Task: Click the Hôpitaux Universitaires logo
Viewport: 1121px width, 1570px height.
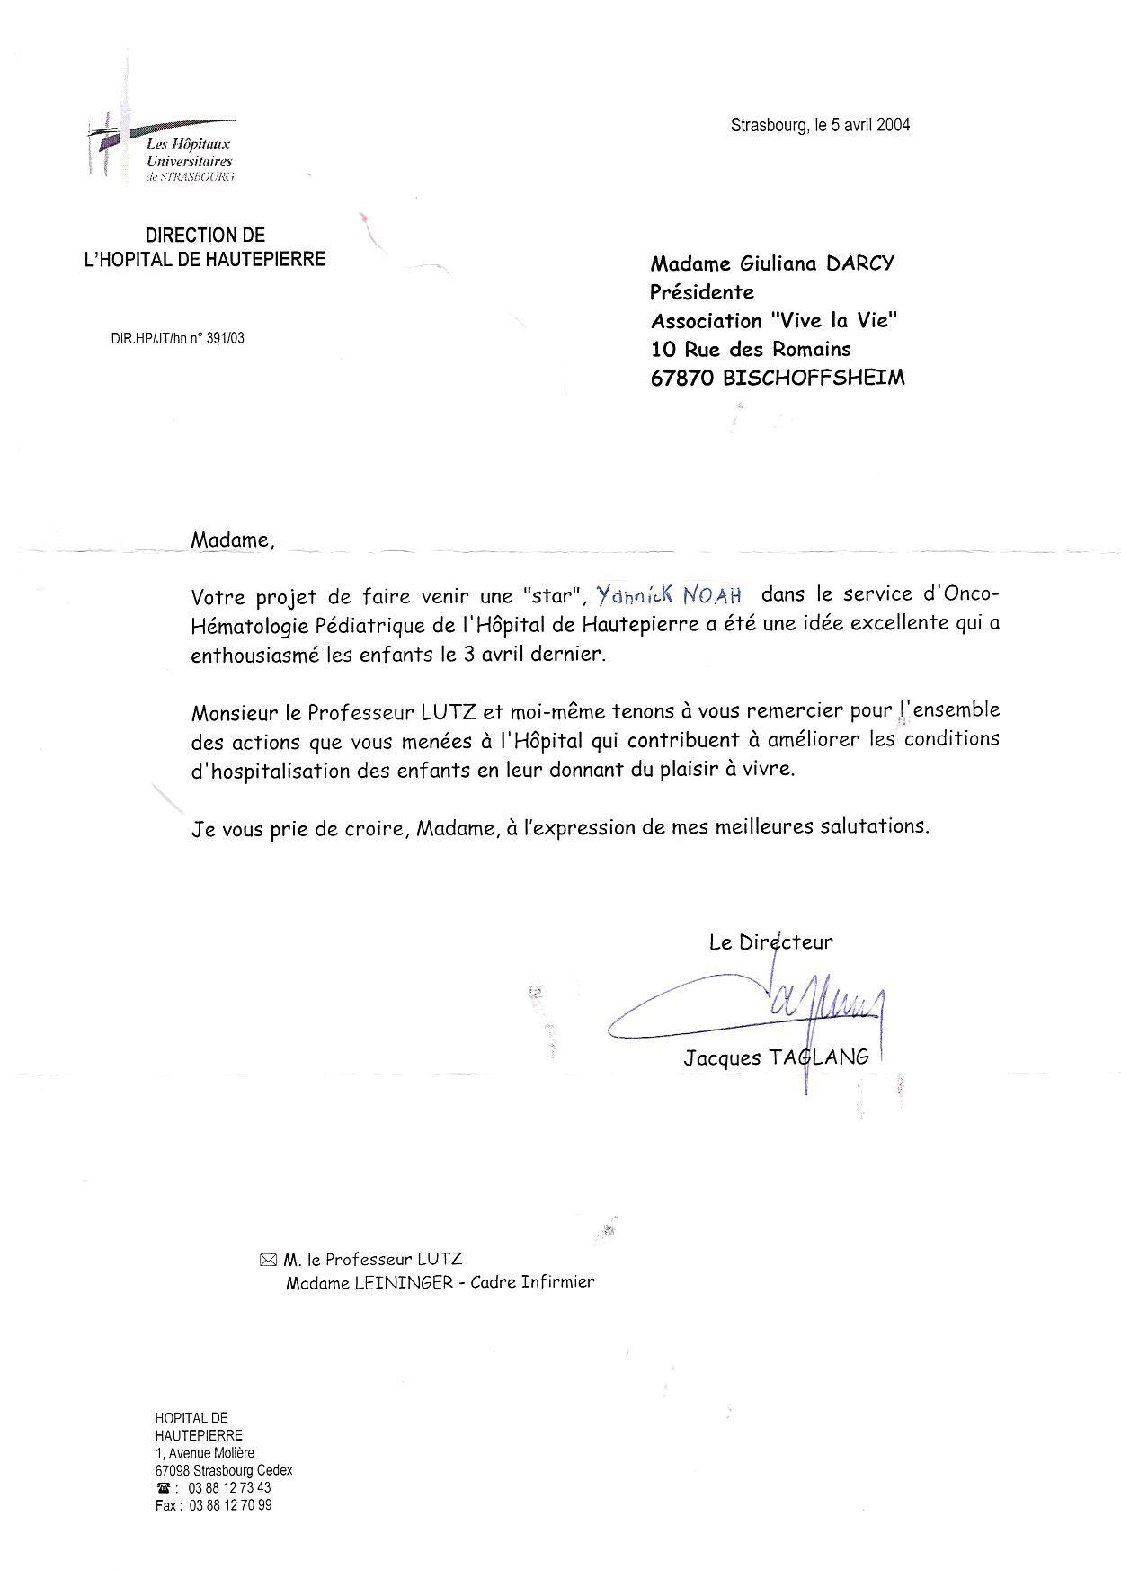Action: point(162,147)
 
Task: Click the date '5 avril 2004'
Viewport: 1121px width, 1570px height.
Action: point(868,125)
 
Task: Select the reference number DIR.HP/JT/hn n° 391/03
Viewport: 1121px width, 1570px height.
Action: point(177,338)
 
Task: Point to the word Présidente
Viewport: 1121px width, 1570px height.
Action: point(701,292)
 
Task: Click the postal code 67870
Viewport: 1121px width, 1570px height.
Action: point(681,378)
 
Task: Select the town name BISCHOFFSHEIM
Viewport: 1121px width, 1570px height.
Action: point(814,378)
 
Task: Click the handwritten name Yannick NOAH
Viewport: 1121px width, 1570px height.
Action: point(669,594)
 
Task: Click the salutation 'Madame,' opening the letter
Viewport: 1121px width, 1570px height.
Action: point(231,540)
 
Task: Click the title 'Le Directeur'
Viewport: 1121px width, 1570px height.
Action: point(770,941)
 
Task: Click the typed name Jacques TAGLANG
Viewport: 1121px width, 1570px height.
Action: point(776,1057)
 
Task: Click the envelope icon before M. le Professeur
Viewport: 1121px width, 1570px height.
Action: point(268,1260)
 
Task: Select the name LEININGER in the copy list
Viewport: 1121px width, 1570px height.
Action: point(404,1283)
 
